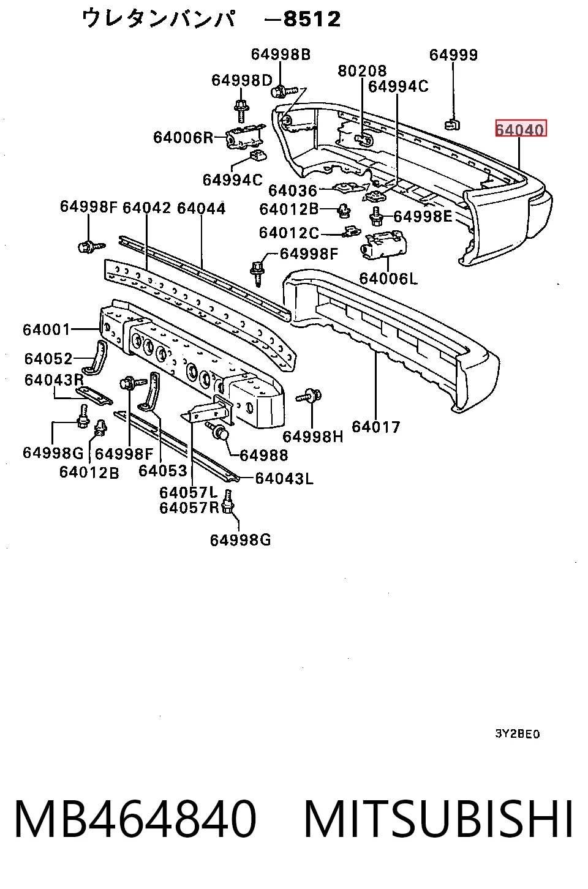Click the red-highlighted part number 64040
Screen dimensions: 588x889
(521, 129)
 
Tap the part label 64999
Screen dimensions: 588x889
(453, 54)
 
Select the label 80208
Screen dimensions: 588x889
(362, 70)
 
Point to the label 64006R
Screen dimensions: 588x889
(183, 137)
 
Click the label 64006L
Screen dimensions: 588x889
(388, 279)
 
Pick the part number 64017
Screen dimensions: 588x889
(376, 427)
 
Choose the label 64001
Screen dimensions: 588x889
(47, 329)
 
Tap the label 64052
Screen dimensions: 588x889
(48, 358)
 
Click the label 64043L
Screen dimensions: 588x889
(284, 478)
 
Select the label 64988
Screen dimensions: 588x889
(264, 456)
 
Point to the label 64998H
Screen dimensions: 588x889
(313, 437)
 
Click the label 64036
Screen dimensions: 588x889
(293, 190)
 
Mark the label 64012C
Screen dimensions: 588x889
(288, 233)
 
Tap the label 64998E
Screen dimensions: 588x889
(423, 216)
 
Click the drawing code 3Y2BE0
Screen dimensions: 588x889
(518, 734)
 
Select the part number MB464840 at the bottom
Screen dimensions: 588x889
(135, 819)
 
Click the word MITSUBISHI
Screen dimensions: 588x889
(439, 819)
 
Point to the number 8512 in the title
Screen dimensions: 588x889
(312, 18)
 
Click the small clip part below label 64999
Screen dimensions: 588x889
(452, 124)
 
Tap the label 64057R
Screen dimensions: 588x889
(189, 508)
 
